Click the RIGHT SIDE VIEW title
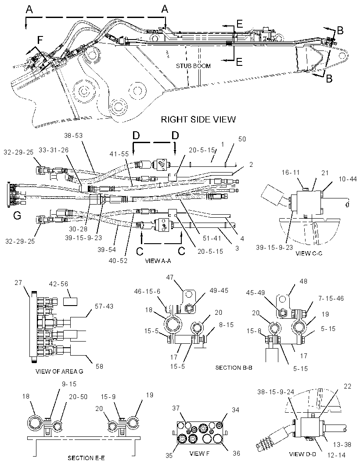coord(198,119)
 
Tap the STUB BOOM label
coord(193,66)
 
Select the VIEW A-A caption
coord(158,261)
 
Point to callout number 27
coord(18,282)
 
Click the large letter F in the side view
coord(40,39)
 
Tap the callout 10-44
coord(348,179)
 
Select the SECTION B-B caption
coord(234,368)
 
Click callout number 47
coord(170,277)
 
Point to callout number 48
coord(303,281)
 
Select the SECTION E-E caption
coord(86,458)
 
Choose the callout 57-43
coord(104,306)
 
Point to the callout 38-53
coord(73,136)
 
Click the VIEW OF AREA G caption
coord(59,371)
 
